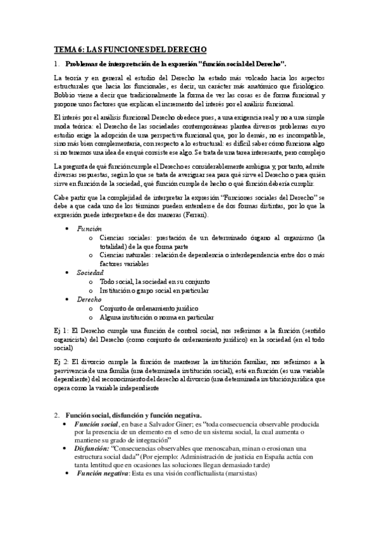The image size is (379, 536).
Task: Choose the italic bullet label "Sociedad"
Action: tap(90, 272)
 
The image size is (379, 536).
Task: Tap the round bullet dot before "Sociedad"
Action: tap(68, 272)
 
